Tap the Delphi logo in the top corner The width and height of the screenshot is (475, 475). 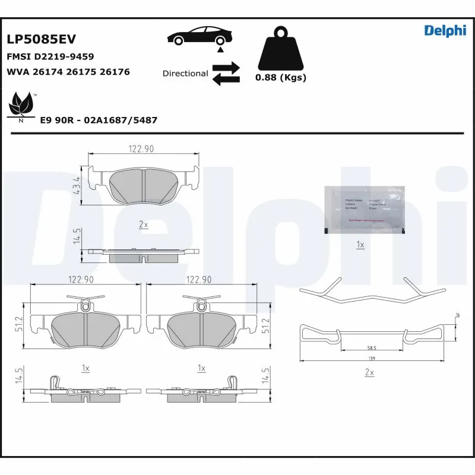click(x=445, y=31)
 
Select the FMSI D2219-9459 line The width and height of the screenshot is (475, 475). click(x=50, y=56)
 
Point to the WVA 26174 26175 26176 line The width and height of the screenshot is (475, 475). click(x=68, y=72)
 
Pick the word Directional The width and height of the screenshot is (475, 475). click(x=185, y=74)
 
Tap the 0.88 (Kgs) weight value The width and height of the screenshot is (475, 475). click(x=280, y=78)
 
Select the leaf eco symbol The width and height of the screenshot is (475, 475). click(x=22, y=105)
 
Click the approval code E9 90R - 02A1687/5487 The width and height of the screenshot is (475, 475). click(x=98, y=120)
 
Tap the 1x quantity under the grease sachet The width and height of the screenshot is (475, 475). click(x=360, y=245)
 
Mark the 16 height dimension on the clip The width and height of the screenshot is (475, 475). click(x=457, y=315)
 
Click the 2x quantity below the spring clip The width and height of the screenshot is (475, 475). click(x=369, y=372)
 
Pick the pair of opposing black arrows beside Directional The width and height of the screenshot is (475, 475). click(x=226, y=73)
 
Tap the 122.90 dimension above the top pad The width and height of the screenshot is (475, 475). click(x=143, y=149)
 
